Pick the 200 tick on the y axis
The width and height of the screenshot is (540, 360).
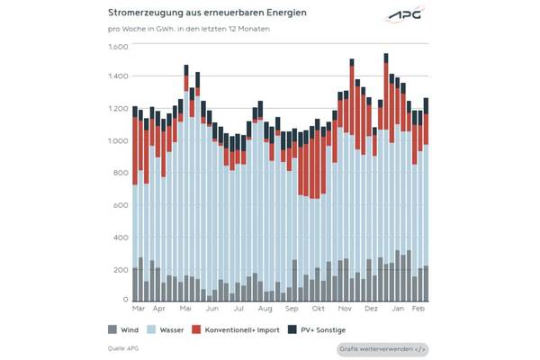coord(121,269)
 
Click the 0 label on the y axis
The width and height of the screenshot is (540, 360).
coord(126,299)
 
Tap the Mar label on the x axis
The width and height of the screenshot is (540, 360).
coord(138,309)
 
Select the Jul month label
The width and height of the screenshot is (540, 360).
coord(239,309)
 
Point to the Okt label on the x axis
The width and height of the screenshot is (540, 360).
coord(318,309)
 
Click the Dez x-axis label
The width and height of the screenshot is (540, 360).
coord(371,309)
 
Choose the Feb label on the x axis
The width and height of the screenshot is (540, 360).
coord(419,309)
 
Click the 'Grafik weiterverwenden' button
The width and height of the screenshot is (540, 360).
coord(382,348)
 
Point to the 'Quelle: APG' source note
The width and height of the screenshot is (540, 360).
coord(123,346)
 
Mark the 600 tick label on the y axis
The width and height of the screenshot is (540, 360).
coord(121,205)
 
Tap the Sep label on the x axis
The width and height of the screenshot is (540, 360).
coord(291,309)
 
